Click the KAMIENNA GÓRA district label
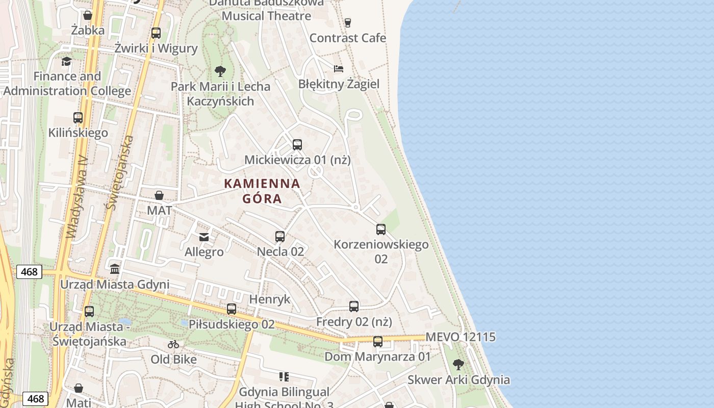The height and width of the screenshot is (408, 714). point(262,191)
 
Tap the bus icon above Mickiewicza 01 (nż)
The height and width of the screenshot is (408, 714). point(297,145)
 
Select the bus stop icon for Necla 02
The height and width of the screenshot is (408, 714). point(280,237)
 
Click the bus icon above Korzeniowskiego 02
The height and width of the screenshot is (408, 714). point(381,229)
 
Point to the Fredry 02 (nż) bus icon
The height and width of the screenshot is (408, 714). point(354,307)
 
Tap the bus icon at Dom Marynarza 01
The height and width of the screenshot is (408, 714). point(378,342)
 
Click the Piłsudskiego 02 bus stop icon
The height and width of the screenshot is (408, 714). point(232,309)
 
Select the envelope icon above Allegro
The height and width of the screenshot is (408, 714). point(204,237)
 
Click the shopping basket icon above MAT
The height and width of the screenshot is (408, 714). point(159,195)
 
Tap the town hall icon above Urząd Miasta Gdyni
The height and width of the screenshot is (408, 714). point(115,269)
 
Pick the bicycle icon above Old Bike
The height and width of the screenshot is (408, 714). point(173,344)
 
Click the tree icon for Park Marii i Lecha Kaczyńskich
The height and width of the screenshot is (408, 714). point(220,71)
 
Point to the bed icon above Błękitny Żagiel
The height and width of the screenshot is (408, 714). point(338,69)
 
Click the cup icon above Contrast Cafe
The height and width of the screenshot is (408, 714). point(348,22)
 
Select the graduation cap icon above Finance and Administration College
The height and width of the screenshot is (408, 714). point(66,62)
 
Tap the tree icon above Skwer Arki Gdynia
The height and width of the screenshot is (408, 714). point(458,365)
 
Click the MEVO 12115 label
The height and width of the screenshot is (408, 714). point(461,337)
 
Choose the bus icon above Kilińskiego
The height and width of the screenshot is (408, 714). point(78,118)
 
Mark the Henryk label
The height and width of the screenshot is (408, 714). point(270,299)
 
